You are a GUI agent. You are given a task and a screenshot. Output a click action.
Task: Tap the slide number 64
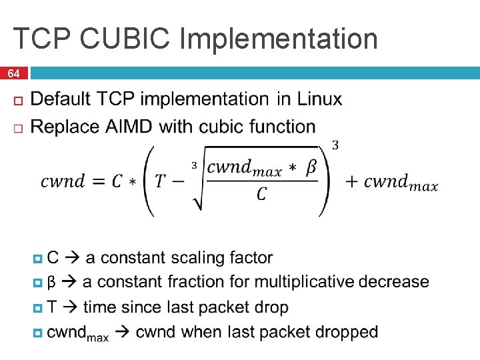coord(14,73)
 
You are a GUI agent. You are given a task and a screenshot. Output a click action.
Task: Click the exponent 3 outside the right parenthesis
coord(335,145)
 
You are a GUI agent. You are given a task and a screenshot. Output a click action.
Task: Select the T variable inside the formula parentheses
coord(161,181)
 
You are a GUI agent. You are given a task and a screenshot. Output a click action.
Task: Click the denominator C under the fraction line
coord(262,194)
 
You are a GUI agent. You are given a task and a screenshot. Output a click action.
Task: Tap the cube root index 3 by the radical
coord(195,165)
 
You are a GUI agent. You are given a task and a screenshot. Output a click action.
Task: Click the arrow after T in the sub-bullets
coord(71,307)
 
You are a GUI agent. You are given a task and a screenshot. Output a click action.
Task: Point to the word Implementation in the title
coord(279,39)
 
